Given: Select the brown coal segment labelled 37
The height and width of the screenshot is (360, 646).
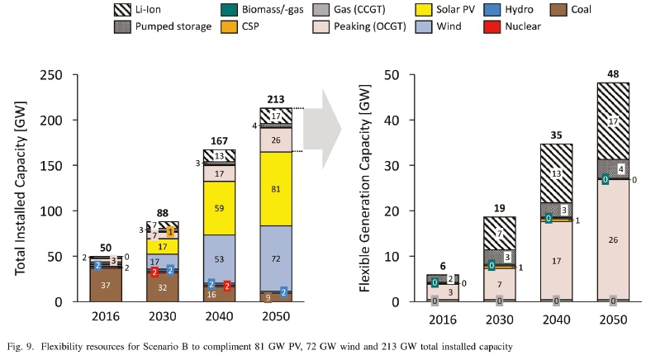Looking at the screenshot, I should (x=106, y=285).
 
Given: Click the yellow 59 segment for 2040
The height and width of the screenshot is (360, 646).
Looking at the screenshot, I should (x=219, y=208).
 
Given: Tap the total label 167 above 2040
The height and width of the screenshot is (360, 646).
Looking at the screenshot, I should (x=219, y=141).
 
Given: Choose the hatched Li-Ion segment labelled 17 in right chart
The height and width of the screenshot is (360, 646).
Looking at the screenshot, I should (x=612, y=121).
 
